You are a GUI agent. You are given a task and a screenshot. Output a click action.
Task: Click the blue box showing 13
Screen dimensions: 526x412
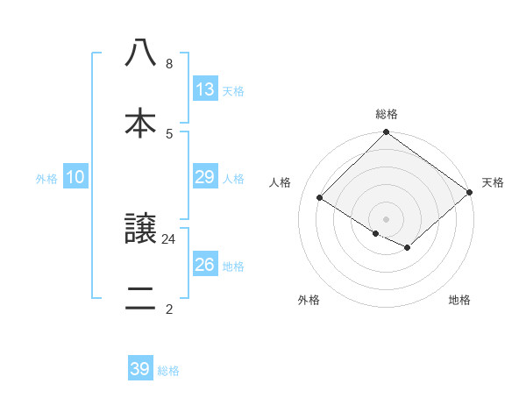[x=204, y=89]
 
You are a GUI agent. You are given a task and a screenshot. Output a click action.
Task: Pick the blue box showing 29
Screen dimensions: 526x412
[x=204, y=177]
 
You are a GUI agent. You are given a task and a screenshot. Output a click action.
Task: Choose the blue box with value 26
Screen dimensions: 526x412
[x=204, y=265]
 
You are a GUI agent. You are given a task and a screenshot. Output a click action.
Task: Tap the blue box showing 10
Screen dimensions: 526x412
[x=75, y=177]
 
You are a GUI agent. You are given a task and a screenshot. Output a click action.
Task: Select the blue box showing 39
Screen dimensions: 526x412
[x=140, y=369]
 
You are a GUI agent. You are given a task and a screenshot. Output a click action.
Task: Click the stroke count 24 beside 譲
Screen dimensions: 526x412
[x=169, y=238]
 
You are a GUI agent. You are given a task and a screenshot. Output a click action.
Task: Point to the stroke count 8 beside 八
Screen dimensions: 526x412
[x=169, y=63]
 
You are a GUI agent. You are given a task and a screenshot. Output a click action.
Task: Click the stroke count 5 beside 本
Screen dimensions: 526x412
[x=169, y=133]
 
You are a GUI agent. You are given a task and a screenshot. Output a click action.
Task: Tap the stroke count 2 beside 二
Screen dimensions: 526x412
[x=169, y=309]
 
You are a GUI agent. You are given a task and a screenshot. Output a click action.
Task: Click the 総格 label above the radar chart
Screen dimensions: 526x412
[x=386, y=114]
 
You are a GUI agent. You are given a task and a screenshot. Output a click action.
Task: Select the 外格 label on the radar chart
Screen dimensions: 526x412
[x=309, y=301]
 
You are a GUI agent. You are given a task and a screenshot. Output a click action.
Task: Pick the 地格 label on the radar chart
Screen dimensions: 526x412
[x=459, y=301]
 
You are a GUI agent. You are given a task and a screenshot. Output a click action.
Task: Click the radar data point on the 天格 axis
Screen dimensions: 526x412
[x=471, y=192]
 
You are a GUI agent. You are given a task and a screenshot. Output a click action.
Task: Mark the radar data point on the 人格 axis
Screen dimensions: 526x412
[x=320, y=198]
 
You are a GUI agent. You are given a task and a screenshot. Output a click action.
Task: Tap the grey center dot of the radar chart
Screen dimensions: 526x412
[x=386, y=218]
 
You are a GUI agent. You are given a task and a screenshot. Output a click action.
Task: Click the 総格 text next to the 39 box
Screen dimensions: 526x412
[x=168, y=371]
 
